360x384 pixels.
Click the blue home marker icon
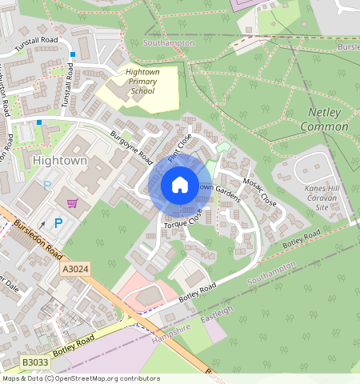pyautogui.click(x=180, y=185)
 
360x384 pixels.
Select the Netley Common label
pyautogui.click(x=324, y=120)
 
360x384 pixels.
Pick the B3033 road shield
pyautogui.click(x=35, y=362)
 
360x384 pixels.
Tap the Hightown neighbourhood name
pyautogui.click(x=61, y=161)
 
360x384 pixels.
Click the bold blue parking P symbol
pyautogui.click(x=58, y=223)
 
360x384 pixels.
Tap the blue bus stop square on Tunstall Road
pyautogui.click(x=72, y=54)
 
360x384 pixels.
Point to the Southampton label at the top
pyautogui.click(x=169, y=43)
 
